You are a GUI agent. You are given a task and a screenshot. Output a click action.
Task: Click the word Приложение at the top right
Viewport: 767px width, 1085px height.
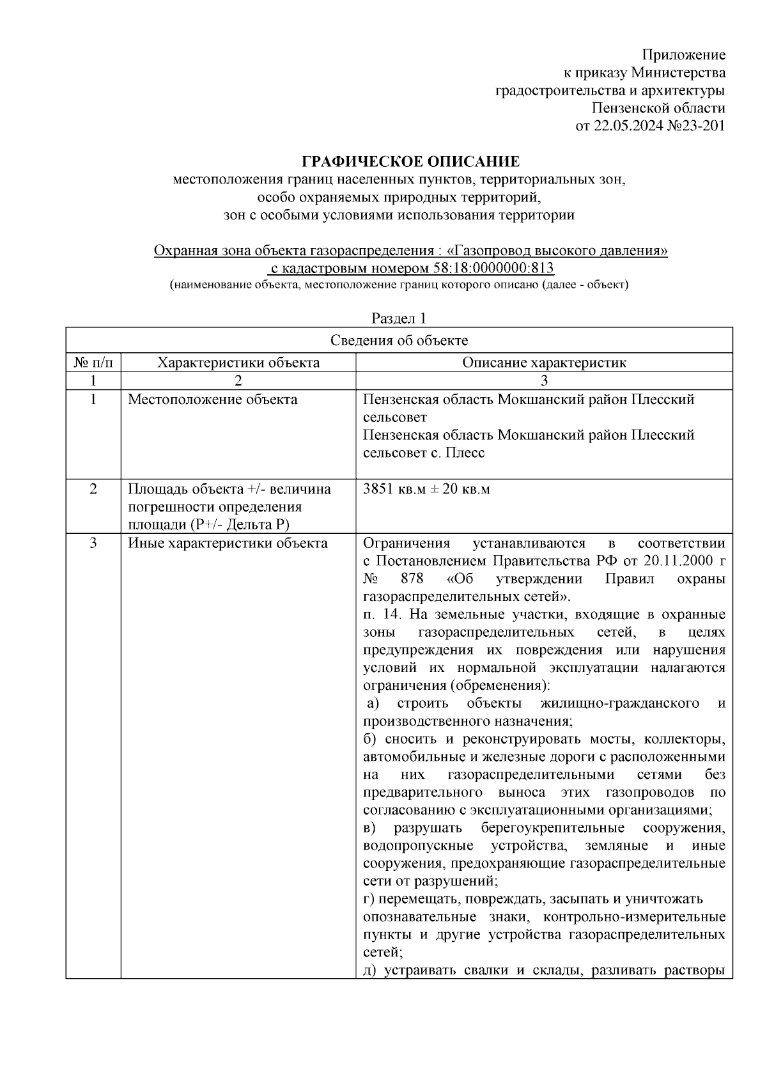pos(684,55)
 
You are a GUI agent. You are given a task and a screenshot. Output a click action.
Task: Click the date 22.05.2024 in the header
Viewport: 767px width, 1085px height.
pos(628,126)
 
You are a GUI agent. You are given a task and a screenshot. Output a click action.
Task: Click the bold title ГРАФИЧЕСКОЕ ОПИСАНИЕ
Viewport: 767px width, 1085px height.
pos(410,161)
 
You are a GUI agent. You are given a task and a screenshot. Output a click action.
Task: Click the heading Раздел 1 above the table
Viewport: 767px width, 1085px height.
pos(399,318)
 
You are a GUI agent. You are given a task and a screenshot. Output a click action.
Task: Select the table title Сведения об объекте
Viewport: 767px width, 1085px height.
pos(399,341)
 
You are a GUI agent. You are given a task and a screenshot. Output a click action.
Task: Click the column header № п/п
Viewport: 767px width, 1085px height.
pos(93,363)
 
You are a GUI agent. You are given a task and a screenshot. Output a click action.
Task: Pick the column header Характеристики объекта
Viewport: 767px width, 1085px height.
pos(238,363)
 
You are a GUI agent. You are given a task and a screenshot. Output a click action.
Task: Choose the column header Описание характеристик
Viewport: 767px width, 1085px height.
pos(544,363)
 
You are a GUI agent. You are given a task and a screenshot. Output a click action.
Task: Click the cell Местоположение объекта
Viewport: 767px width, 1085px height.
pos(212,400)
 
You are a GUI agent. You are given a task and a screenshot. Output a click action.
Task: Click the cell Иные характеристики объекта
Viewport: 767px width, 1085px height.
pos(228,543)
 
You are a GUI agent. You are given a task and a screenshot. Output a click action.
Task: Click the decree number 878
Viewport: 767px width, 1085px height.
pos(413,579)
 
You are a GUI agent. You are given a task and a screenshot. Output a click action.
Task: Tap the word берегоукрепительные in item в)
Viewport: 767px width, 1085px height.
pos(552,828)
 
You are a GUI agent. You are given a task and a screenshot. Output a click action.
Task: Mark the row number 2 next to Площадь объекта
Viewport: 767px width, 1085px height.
pos(93,490)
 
